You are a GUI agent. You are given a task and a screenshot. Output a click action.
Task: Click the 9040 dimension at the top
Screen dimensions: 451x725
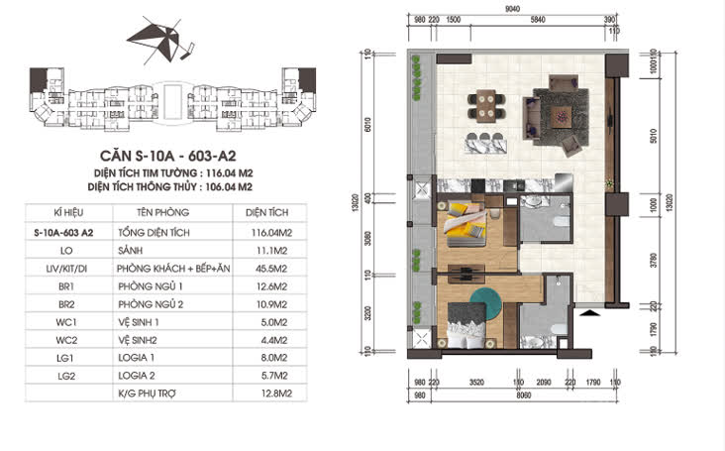coord(512,10)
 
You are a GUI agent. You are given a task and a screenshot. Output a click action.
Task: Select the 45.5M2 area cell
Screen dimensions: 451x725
coord(262,268)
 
